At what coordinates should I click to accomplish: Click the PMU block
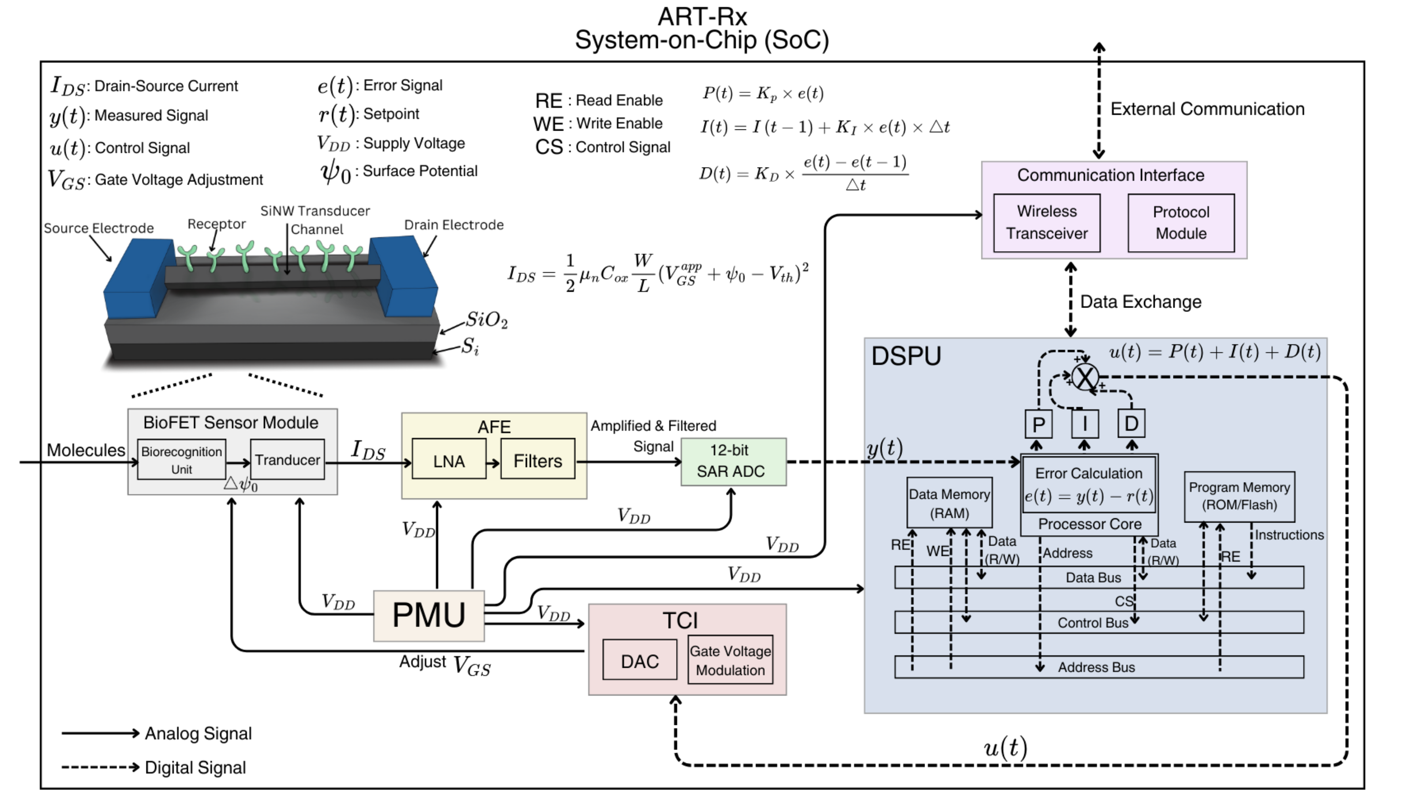point(429,616)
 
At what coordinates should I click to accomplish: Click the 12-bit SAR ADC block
point(734,461)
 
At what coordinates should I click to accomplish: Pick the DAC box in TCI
point(640,660)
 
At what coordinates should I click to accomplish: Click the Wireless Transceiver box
point(1047,222)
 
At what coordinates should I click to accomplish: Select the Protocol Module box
point(1181,222)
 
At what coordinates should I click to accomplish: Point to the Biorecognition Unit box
point(181,460)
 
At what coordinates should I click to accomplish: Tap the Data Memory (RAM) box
point(949,503)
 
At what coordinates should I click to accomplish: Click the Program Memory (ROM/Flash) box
point(1239,496)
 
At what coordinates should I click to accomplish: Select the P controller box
point(1038,424)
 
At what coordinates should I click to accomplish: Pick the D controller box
point(1131,424)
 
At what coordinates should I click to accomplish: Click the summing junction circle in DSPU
point(1085,377)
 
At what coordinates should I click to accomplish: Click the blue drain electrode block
point(403,275)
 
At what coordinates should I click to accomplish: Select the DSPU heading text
point(906,356)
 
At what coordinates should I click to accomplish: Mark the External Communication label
point(1207,109)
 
